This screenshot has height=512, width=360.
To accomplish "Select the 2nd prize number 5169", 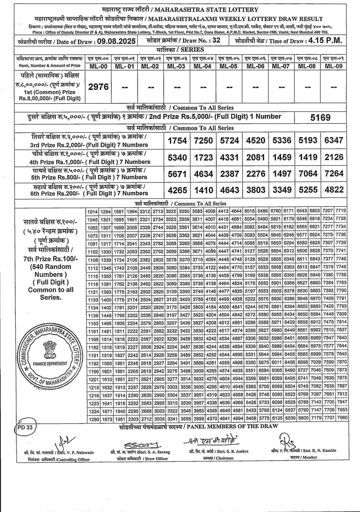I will (x=320, y=117).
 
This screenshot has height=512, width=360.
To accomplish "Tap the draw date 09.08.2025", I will (x=116, y=41).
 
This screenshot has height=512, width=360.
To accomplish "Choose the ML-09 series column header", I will (x=333, y=66).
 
